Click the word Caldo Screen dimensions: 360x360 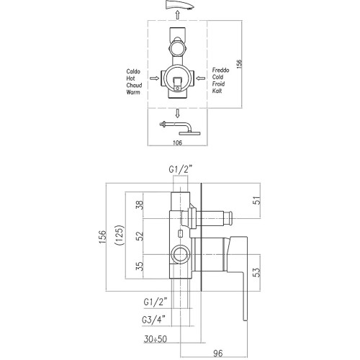pyautogui.click(x=133, y=71)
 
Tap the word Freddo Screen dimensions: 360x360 pyautogui.click(x=220, y=70)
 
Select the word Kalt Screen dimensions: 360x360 pyautogui.click(x=217, y=91)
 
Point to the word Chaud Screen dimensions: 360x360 pyautogui.click(x=134, y=85)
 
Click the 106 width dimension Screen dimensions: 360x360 pyautogui.click(x=177, y=143)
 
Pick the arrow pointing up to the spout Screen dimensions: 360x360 pyautogui.click(x=177, y=15)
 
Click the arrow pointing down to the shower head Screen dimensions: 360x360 pyautogui.click(x=177, y=113)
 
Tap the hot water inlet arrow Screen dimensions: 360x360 pyautogui.click(x=154, y=78)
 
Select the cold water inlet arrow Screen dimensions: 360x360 pyautogui.click(x=201, y=78)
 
